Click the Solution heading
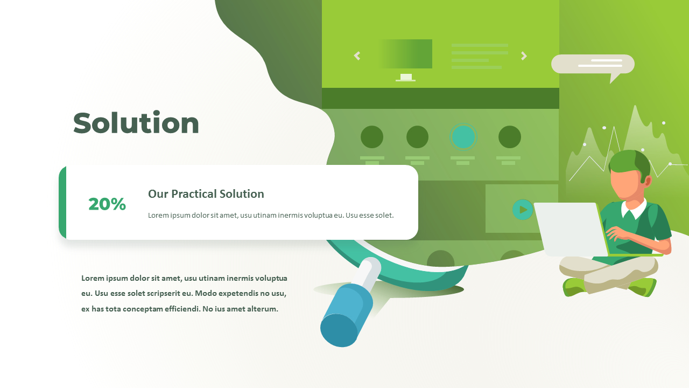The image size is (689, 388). point(136,123)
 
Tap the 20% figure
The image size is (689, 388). point(107,204)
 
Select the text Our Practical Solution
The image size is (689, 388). point(206,194)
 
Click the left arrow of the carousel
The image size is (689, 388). point(357,56)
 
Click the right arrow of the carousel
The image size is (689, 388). point(524,56)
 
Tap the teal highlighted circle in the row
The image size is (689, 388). point(463,137)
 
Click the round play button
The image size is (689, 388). point(522,210)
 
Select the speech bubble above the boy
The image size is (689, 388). point(593,64)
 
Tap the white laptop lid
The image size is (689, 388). point(571,228)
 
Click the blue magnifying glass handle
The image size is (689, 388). point(345,316)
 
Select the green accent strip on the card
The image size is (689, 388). point(62,202)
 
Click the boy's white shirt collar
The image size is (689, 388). point(634,209)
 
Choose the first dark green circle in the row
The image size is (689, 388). point(372,137)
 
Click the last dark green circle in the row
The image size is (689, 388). point(509,137)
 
